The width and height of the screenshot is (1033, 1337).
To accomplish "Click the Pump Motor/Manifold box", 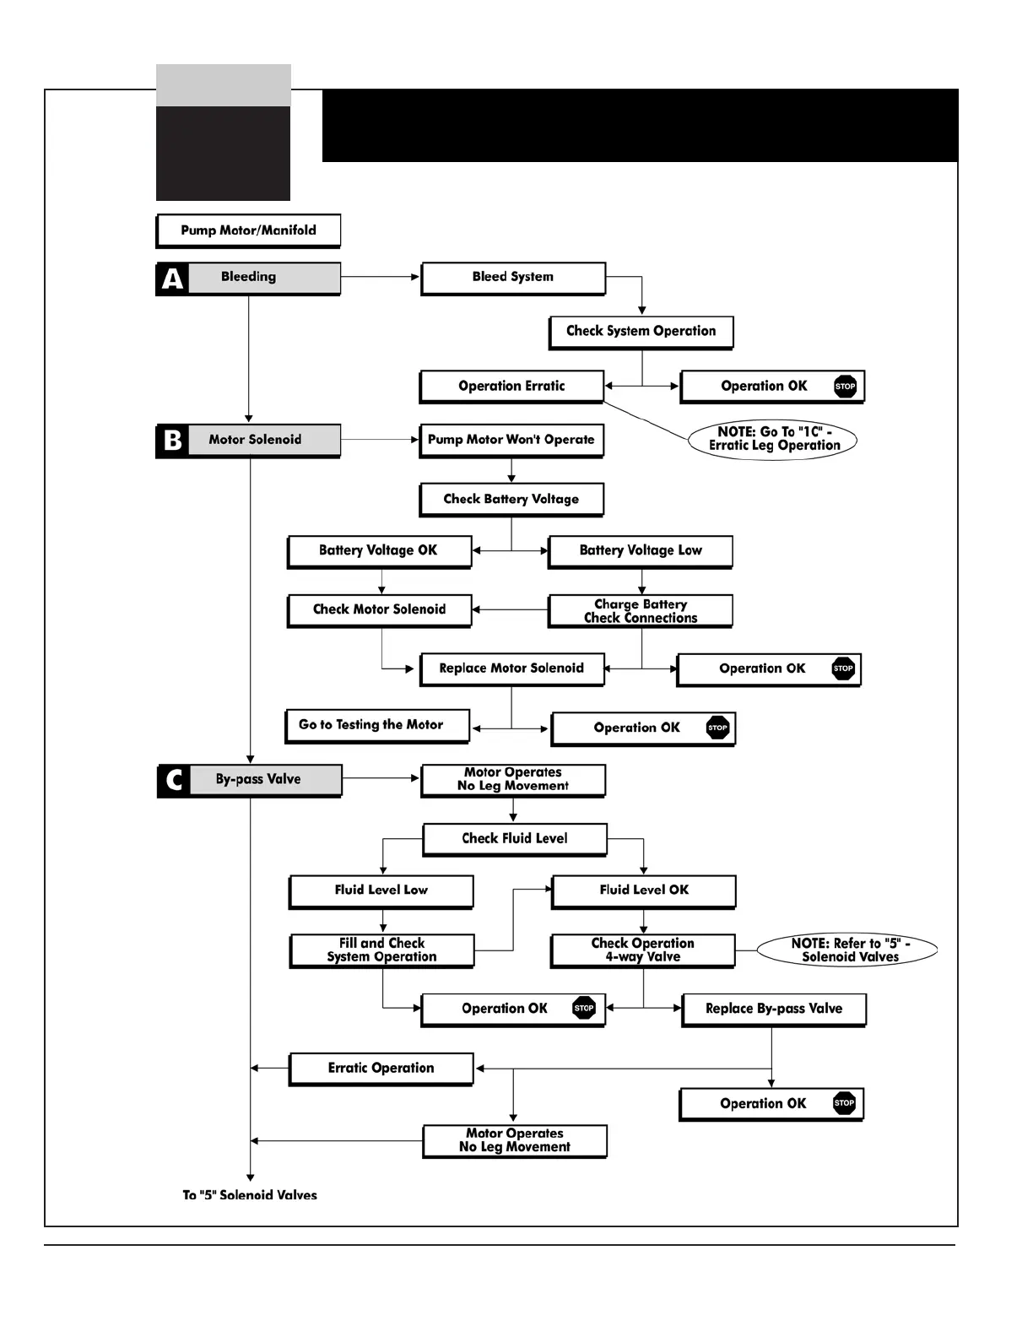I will (x=248, y=230).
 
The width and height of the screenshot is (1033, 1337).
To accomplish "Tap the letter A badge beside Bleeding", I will (x=172, y=279).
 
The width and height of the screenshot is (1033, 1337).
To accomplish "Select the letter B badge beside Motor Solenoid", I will (x=172, y=441).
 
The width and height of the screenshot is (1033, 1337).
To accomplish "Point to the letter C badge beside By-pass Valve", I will (x=174, y=781).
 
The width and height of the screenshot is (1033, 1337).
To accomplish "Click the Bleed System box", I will (x=513, y=278).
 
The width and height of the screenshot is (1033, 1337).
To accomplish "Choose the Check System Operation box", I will (x=641, y=332).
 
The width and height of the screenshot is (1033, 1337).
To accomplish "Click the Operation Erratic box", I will (x=511, y=387).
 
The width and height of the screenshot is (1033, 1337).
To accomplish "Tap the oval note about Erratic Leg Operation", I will (x=773, y=440).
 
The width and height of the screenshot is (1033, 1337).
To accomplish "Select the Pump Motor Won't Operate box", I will (x=511, y=441).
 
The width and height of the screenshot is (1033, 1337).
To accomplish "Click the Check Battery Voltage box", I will (x=511, y=500).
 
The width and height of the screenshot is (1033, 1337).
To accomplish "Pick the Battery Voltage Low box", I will (x=641, y=551).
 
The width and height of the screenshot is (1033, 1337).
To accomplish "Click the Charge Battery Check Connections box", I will (x=641, y=611).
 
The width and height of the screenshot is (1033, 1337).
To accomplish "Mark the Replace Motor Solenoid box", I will (x=511, y=668).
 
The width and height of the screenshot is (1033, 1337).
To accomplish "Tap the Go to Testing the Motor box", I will (x=377, y=726).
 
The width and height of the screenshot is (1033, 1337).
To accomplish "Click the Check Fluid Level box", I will (x=515, y=839).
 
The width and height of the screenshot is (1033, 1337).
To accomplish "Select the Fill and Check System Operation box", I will (x=381, y=950).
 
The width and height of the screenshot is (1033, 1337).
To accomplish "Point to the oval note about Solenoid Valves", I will (x=848, y=950).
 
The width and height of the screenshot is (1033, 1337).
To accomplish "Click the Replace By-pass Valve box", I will (x=774, y=1010).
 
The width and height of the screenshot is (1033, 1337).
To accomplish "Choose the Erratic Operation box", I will (x=381, y=1069).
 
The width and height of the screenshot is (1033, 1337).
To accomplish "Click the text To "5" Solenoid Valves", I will (x=250, y=1195).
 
